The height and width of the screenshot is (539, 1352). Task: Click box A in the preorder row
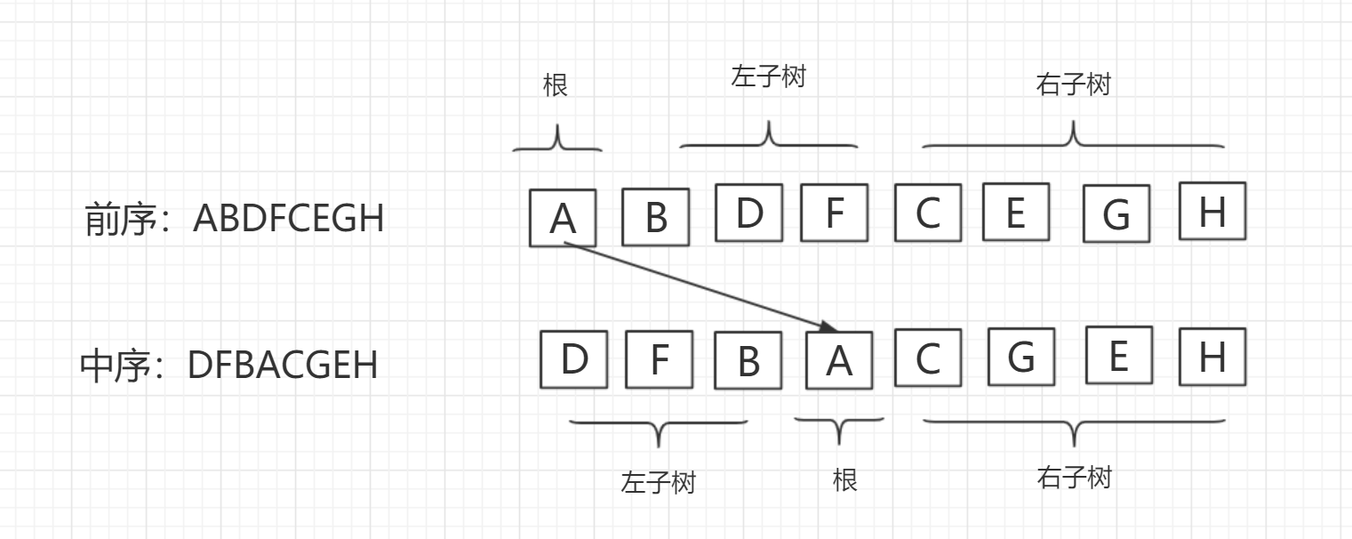click(563, 217)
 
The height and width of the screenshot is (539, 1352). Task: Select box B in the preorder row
click(655, 216)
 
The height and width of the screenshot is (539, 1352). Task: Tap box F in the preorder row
click(834, 212)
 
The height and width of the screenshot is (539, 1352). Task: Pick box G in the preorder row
click(1116, 213)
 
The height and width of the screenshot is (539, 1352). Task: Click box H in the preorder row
click(1212, 211)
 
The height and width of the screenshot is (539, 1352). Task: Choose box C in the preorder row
click(928, 212)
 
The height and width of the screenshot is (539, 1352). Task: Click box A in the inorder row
click(839, 359)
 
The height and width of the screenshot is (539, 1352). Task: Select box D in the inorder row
click(574, 358)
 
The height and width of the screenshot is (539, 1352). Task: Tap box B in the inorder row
click(748, 360)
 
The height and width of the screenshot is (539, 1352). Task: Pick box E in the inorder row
click(1118, 355)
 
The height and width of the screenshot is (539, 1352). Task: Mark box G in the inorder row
click(1021, 357)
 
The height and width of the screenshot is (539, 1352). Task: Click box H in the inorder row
click(1212, 357)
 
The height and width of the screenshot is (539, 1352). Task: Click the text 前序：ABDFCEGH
click(235, 218)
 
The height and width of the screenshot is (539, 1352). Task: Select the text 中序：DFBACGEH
click(229, 366)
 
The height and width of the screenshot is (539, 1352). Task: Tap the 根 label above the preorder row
click(556, 85)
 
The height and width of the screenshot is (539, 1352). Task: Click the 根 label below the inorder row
click(844, 480)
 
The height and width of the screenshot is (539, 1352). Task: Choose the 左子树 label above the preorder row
click(768, 77)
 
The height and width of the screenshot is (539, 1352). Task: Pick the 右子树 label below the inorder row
click(1074, 478)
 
